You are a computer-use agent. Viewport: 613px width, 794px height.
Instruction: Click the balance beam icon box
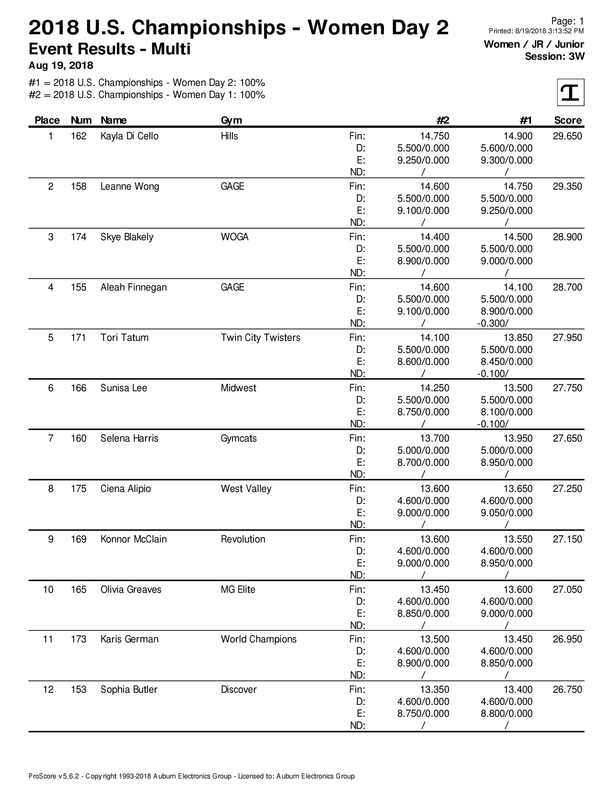[570, 92]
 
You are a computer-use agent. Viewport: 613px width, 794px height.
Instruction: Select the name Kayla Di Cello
[129, 136]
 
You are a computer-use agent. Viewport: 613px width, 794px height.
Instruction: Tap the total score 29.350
[567, 187]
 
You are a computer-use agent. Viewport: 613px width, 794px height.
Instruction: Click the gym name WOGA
[235, 237]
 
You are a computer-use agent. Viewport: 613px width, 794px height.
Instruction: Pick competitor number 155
[79, 287]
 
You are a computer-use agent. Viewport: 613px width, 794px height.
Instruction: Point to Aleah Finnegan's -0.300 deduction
[493, 323]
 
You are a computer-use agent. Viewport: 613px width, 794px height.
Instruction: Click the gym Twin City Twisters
[260, 338]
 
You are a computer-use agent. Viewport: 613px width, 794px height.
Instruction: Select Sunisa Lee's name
[124, 388]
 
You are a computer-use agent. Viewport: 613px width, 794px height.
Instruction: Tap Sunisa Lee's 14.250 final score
[435, 388]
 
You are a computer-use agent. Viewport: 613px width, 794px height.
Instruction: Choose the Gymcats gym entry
[239, 439]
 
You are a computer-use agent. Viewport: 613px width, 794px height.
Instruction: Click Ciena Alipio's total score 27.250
[567, 489]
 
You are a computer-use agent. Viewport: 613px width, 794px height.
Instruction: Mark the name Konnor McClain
[134, 539]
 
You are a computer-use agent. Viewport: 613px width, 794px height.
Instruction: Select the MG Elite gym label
[238, 589]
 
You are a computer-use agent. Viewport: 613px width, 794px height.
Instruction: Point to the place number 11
[48, 639]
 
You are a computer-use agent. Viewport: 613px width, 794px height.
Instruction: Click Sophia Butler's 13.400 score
[518, 690]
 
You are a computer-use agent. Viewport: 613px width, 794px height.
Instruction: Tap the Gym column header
[231, 120]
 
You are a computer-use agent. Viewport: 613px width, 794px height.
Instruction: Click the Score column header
[568, 120]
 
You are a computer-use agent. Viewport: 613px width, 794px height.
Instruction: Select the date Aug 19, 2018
[61, 65]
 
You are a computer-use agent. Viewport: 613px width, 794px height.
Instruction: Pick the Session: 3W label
[555, 56]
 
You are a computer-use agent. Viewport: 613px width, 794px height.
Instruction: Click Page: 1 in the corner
[567, 21]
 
